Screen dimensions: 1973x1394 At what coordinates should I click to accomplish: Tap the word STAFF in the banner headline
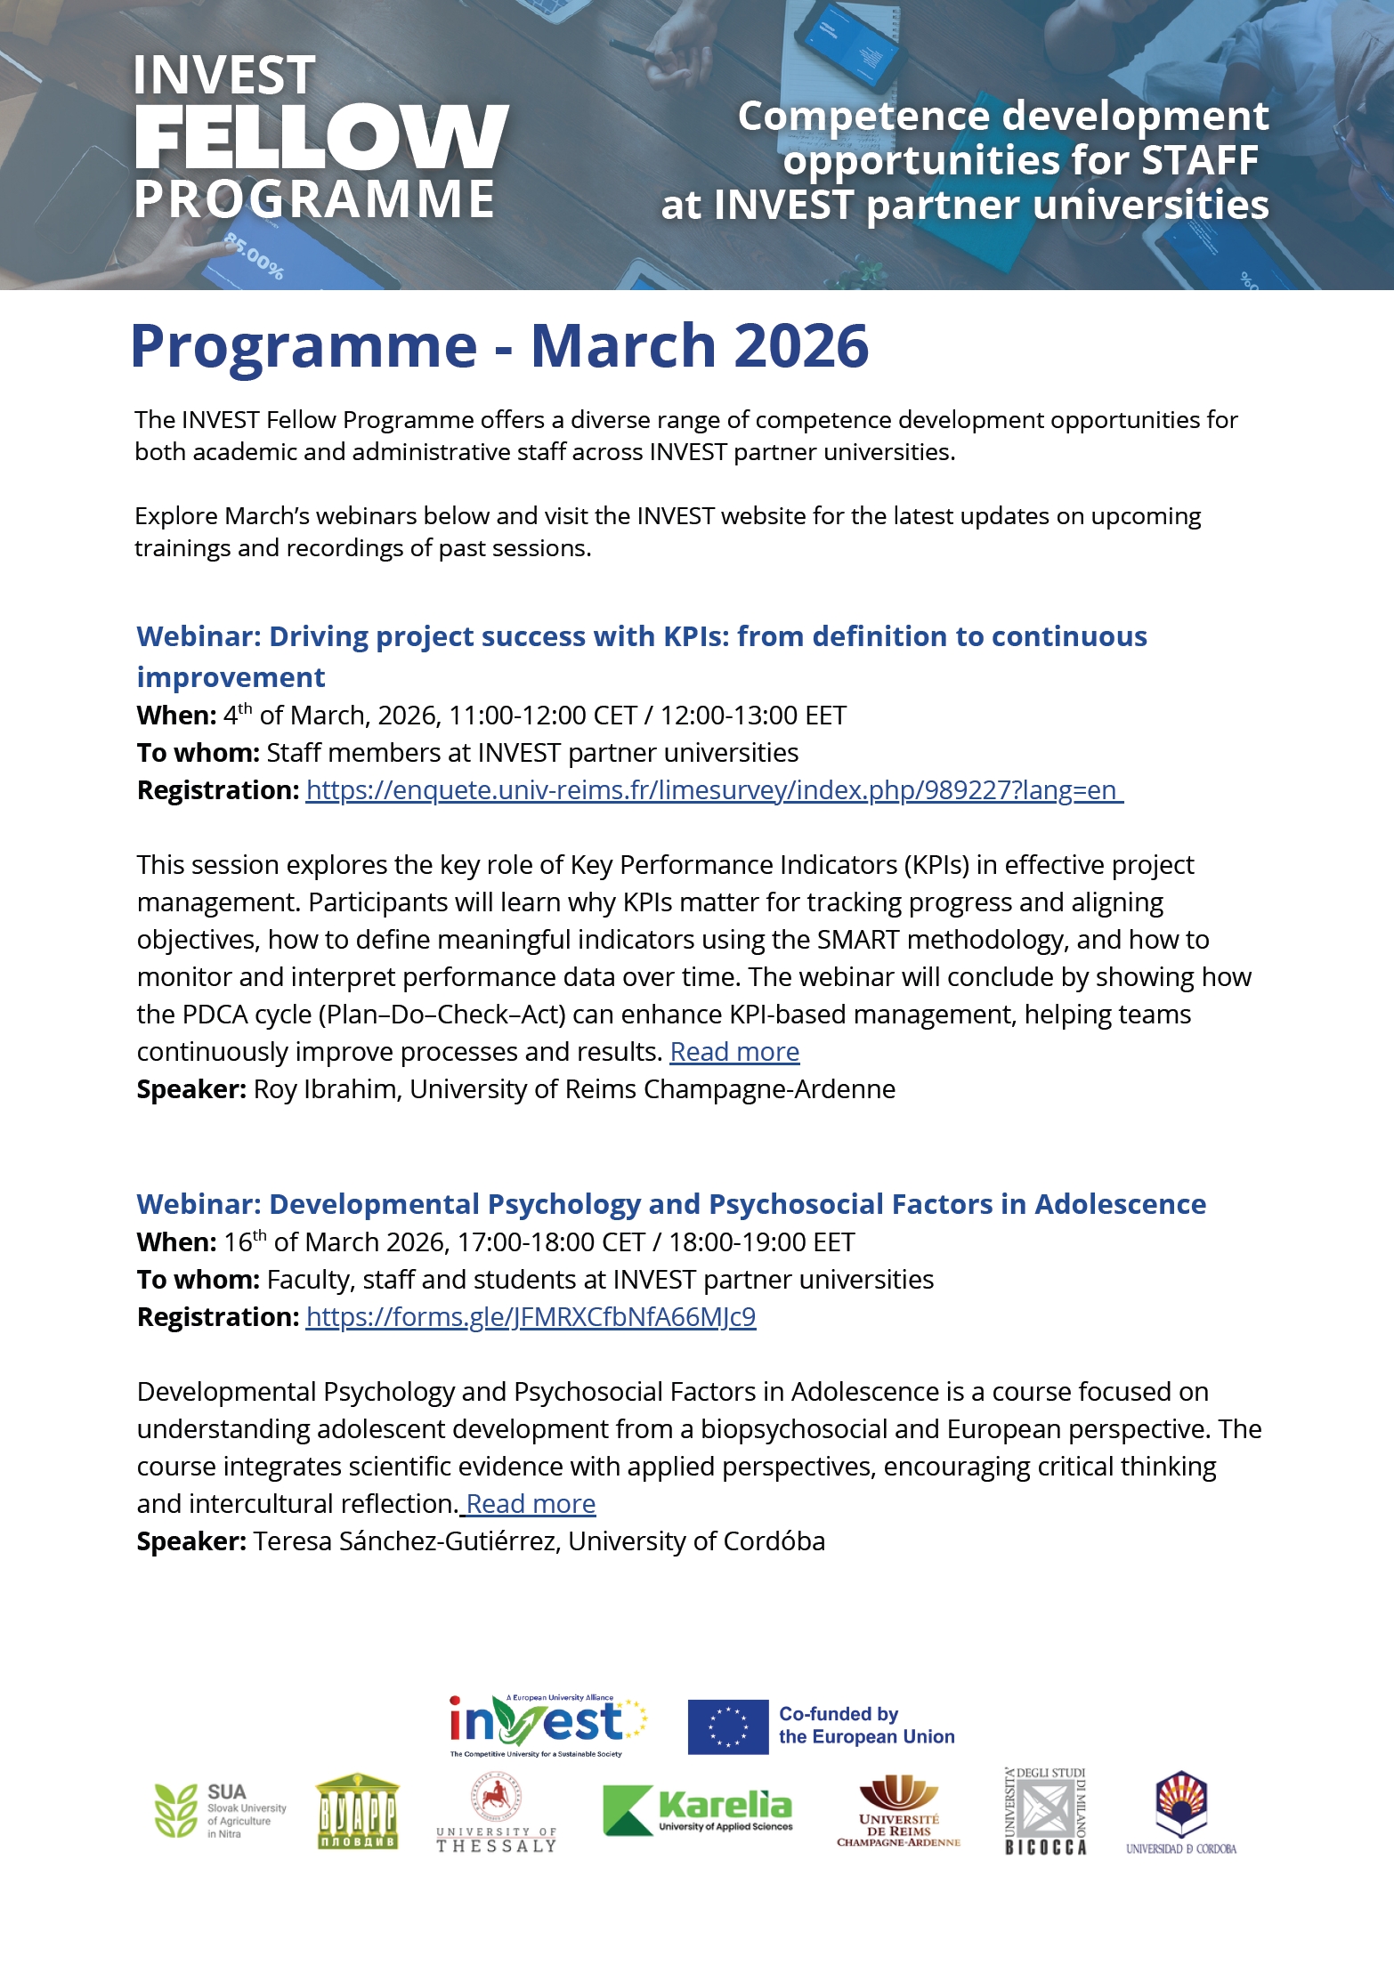(x=1199, y=161)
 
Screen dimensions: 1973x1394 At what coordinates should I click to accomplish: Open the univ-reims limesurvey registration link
(x=714, y=790)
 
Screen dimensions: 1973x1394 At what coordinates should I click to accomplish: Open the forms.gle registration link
(x=531, y=1317)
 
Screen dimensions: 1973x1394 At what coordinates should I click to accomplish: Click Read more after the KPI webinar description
(x=734, y=1052)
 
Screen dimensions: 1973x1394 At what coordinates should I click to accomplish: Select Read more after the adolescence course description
(x=531, y=1504)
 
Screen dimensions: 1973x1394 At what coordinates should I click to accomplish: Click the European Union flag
(x=727, y=1726)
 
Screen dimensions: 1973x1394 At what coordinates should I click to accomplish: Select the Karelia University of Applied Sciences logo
(x=698, y=1810)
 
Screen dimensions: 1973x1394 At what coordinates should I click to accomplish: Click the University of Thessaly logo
(x=497, y=1814)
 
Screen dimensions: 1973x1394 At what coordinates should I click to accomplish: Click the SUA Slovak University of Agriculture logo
(x=220, y=1810)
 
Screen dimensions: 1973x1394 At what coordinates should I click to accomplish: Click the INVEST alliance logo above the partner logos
(x=547, y=1725)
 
